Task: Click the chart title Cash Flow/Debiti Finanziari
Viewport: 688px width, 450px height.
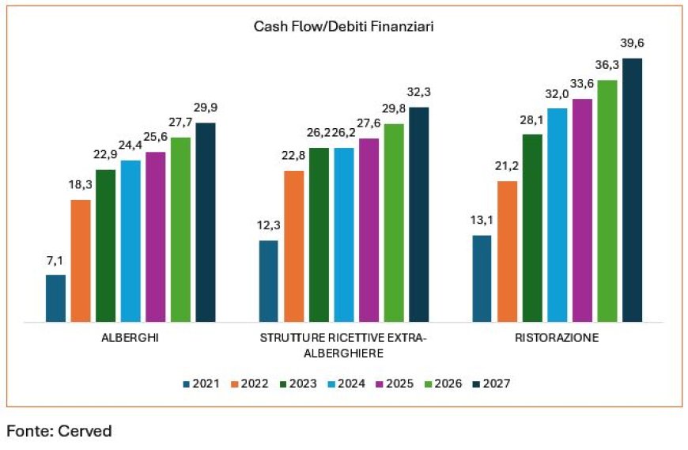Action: [344, 27]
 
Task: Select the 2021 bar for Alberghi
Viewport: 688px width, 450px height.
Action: [55, 298]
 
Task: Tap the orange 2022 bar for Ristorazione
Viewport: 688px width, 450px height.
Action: [507, 251]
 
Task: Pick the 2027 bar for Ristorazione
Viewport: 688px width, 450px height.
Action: [632, 190]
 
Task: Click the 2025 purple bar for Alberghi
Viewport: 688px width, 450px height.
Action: [156, 236]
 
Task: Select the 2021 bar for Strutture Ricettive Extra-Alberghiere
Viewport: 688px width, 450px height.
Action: [269, 281]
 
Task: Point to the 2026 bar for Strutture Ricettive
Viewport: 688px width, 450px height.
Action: [394, 223]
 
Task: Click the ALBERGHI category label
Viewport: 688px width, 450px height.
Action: [131, 338]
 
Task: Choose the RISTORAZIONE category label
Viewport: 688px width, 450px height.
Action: [557, 338]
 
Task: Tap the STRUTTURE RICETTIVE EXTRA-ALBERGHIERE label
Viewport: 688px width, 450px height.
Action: [344, 345]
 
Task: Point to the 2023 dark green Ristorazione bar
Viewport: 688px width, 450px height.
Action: [532, 229]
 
